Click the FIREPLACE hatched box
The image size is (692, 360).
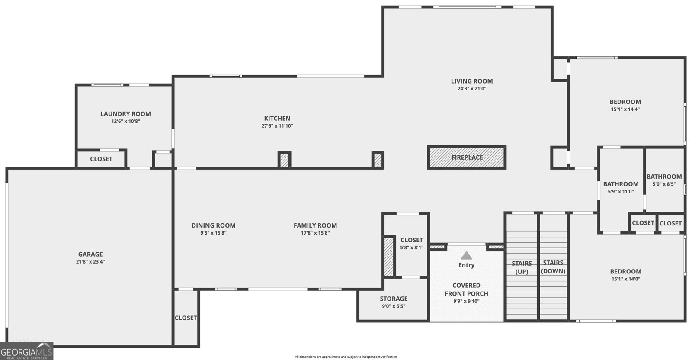pyautogui.click(x=467, y=157)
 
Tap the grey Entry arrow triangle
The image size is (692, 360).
pyautogui.click(x=466, y=256)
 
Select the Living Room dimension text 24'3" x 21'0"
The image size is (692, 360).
pyautogui.click(x=472, y=89)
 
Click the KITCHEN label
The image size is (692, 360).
pyautogui.click(x=277, y=119)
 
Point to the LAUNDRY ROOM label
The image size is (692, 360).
pyautogui.click(x=125, y=114)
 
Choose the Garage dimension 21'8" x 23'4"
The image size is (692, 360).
pyautogui.click(x=90, y=262)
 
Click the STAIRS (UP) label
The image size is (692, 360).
pyautogui.click(x=522, y=267)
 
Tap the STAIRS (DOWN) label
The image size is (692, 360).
pyautogui.click(x=553, y=267)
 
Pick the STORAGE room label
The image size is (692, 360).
pyautogui.click(x=394, y=299)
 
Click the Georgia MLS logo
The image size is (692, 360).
pyautogui.click(x=26, y=351)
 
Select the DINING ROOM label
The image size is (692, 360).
pyautogui.click(x=213, y=225)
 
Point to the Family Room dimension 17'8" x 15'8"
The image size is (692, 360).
pyautogui.click(x=315, y=233)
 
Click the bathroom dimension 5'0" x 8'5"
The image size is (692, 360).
pyautogui.click(x=664, y=184)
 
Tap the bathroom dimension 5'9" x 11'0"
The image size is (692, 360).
pyautogui.click(x=621, y=192)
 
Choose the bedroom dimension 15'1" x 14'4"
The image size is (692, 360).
pyautogui.click(x=625, y=109)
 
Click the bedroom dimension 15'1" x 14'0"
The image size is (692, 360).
pyautogui.click(x=625, y=279)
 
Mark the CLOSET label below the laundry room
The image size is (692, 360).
pyautogui.click(x=101, y=159)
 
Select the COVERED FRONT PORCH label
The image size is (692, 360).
pyautogui.click(x=466, y=289)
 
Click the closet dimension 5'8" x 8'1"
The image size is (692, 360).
pyautogui.click(x=411, y=247)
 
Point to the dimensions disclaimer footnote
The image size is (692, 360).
pyautogui.click(x=346, y=357)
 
